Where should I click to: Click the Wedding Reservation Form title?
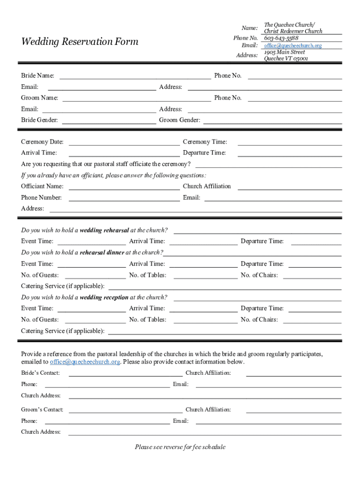click(79, 42)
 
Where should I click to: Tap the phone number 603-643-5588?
click(281, 38)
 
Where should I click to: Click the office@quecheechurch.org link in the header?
click(293, 45)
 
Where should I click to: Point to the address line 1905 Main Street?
click(284, 52)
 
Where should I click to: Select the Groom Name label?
click(40, 98)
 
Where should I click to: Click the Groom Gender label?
click(180, 120)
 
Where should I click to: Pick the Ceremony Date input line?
click(124, 142)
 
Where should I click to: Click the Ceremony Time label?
click(205, 142)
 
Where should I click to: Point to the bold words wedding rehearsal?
click(104, 230)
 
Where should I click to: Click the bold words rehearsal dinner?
click(102, 253)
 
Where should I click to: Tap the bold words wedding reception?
click(104, 298)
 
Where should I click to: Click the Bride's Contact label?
click(40, 373)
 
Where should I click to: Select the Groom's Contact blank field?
click(125, 410)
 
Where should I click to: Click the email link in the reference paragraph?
click(85, 362)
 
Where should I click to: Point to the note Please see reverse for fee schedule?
click(180, 447)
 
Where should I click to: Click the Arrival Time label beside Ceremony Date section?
click(39, 153)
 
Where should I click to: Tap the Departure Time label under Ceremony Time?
click(204, 153)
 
